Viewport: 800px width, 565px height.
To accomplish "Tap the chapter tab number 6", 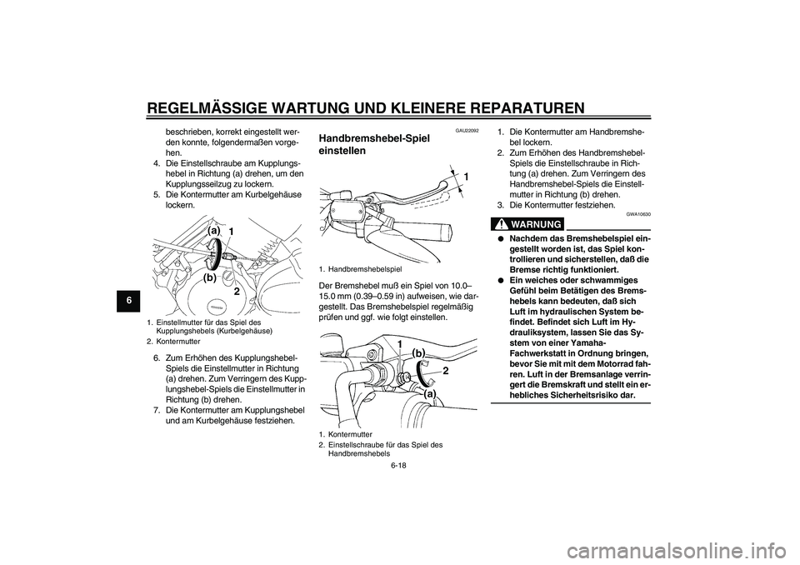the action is tap(129, 301).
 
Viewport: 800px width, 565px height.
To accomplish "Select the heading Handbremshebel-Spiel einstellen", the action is tap(374, 145).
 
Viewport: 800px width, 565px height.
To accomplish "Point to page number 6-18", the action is tap(399, 465).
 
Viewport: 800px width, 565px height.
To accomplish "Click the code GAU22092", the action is tap(467, 131).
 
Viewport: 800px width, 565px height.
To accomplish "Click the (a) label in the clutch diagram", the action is tap(214, 231).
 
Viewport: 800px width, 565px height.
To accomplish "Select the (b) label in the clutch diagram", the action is tap(210, 278).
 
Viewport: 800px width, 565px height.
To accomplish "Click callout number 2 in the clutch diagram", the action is tap(237, 292).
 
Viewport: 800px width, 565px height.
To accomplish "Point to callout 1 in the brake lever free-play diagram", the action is tap(467, 177).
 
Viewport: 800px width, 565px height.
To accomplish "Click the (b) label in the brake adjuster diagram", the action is tap(418, 353).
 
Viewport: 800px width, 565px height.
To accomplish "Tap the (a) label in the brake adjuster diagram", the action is tap(430, 394).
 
